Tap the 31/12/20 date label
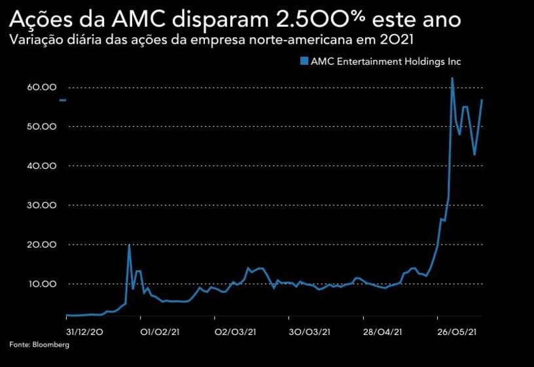click(84, 332)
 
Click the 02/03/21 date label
click(234, 332)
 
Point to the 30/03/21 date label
click(308, 332)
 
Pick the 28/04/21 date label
click(383, 332)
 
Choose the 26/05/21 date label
click(457, 332)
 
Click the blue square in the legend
click(304, 61)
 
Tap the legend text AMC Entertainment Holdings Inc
click(386, 61)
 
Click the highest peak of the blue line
click(452, 79)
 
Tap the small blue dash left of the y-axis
click(63, 100)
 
